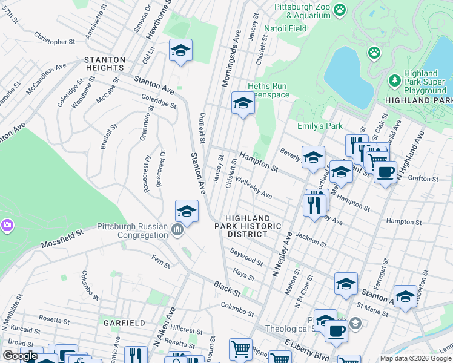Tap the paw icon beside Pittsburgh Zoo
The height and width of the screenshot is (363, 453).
[x=340, y=9]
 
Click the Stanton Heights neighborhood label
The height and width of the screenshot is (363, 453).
[x=105, y=64]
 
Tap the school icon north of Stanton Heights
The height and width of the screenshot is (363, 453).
[x=180, y=51]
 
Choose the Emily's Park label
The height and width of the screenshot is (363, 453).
[x=320, y=126]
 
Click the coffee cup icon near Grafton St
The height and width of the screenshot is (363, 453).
[x=385, y=172]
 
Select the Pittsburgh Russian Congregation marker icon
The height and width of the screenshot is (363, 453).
[x=177, y=229]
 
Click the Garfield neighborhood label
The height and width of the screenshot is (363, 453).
[x=122, y=322]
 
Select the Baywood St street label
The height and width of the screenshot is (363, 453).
[x=246, y=257]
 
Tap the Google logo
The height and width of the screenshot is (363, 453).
[x=20, y=356]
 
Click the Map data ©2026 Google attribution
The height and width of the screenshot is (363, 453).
[x=415, y=358]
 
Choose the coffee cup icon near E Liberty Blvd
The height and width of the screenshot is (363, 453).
[x=336, y=331]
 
